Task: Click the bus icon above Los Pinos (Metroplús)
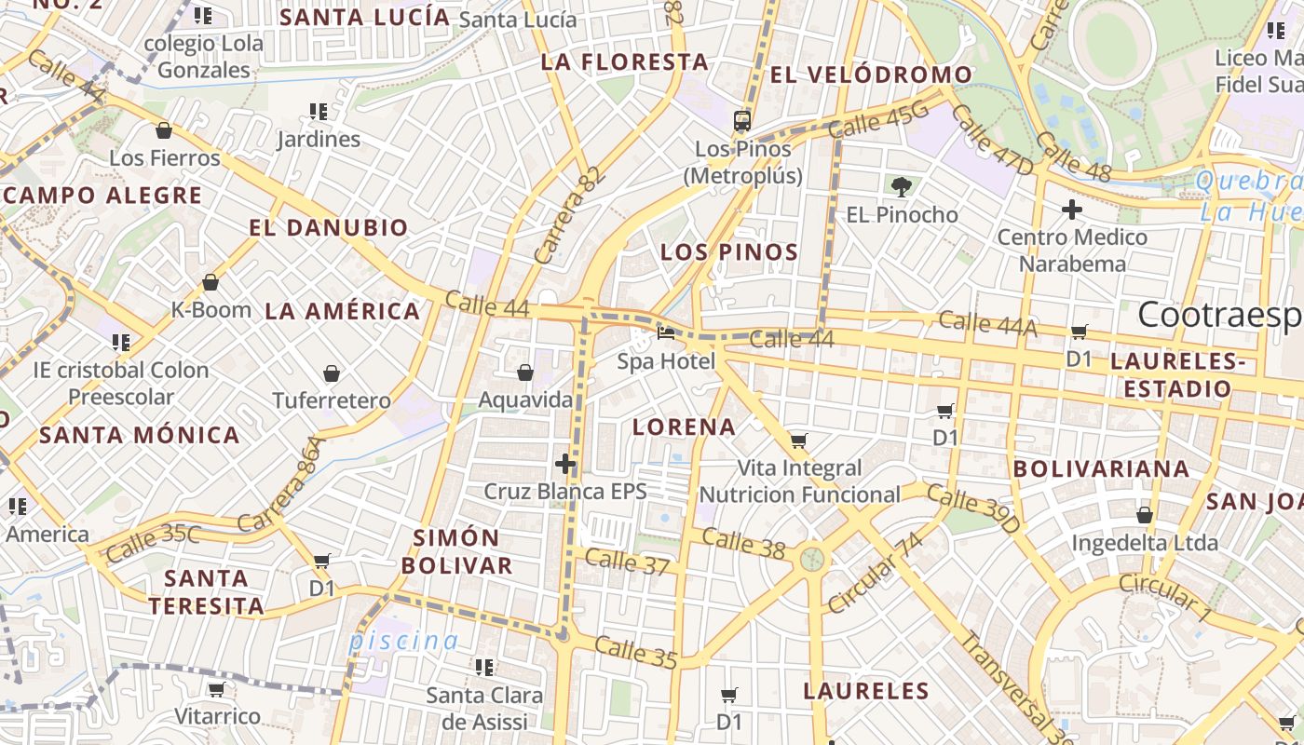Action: click(742, 120)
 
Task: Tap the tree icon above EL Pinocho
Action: click(901, 187)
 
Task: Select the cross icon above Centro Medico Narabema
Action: click(1072, 210)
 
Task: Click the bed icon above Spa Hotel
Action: click(666, 332)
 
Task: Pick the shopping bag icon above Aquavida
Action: click(525, 372)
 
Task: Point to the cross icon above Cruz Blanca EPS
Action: click(565, 464)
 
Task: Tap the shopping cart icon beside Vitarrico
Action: click(217, 690)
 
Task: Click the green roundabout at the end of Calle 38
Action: click(812, 559)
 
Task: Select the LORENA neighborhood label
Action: click(684, 427)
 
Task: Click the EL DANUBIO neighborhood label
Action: click(329, 228)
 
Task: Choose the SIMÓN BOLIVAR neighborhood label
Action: click(463, 551)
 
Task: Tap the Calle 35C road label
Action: click(153, 544)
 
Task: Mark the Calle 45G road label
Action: click(878, 120)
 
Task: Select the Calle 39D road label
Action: click(973, 512)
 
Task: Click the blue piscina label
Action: click(403, 641)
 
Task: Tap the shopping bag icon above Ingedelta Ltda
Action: click(1145, 515)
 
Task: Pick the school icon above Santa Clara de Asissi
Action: click(484, 667)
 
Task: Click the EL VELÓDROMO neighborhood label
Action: click(871, 75)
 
